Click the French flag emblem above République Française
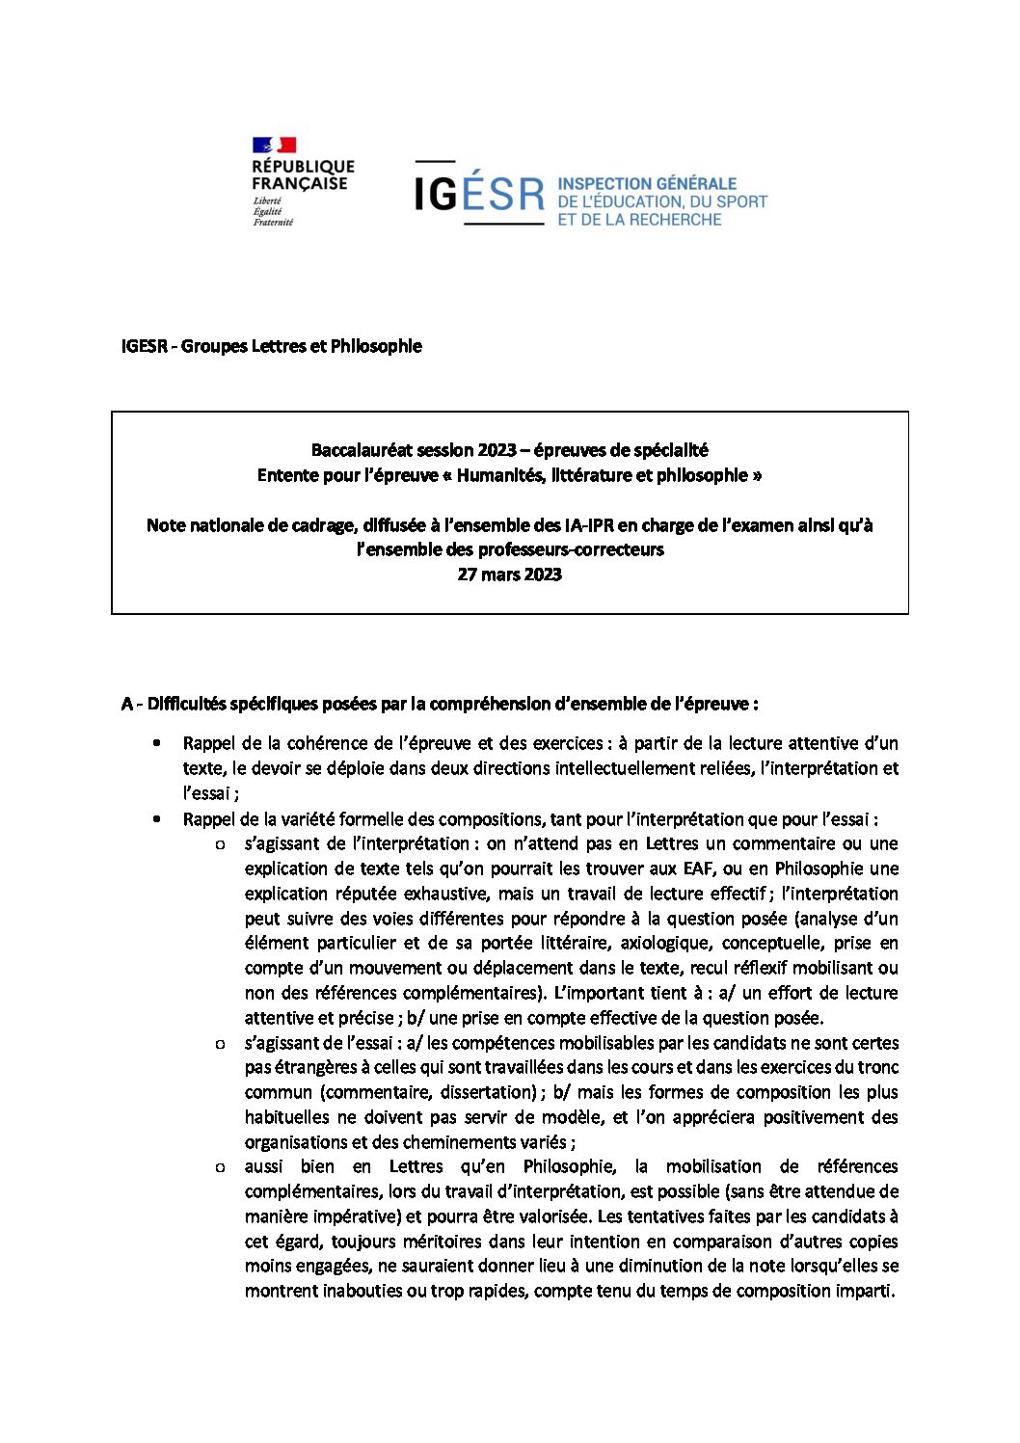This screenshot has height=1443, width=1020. click(274, 146)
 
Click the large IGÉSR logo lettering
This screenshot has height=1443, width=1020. click(479, 194)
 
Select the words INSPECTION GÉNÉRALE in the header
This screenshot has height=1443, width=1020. click(647, 183)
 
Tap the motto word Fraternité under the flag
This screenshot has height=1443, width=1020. click(273, 223)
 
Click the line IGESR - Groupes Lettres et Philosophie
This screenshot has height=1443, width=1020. click(272, 346)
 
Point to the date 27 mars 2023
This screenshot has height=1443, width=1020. click(509, 575)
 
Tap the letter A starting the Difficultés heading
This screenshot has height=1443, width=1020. click(127, 704)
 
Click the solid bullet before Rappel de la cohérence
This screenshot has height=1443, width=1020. click(156, 743)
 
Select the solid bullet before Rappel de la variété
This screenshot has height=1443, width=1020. click(156, 818)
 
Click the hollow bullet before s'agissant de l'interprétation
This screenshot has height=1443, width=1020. click(219, 844)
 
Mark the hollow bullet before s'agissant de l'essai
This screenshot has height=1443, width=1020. click(219, 1043)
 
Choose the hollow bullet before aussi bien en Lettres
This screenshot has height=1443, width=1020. click(219, 1167)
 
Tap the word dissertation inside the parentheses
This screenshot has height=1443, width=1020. click(486, 1092)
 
